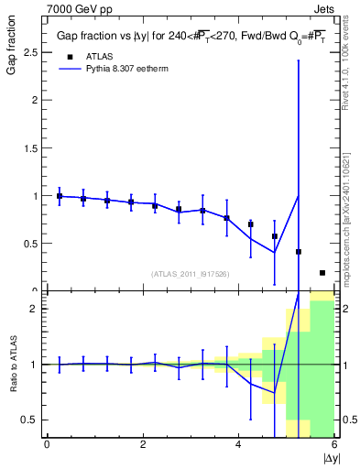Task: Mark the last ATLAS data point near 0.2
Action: (x=322, y=272)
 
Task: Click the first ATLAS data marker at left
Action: (x=60, y=196)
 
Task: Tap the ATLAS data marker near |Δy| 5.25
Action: (x=299, y=252)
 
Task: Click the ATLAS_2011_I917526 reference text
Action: (x=190, y=274)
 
